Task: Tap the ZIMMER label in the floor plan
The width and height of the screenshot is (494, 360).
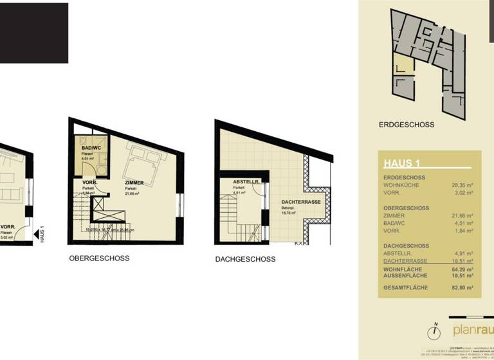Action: point(134,183)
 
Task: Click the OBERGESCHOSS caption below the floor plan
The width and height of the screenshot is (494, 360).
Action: point(99,258)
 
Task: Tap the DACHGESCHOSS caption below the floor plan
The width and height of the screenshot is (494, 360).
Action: point(245,259)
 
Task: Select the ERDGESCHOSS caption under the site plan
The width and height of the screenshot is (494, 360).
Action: point(407,125)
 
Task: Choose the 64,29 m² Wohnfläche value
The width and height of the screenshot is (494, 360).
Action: point(462,269)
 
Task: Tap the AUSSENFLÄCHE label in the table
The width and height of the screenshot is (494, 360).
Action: point(407,276)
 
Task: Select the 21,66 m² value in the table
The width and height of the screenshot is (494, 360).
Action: point(462,216)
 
